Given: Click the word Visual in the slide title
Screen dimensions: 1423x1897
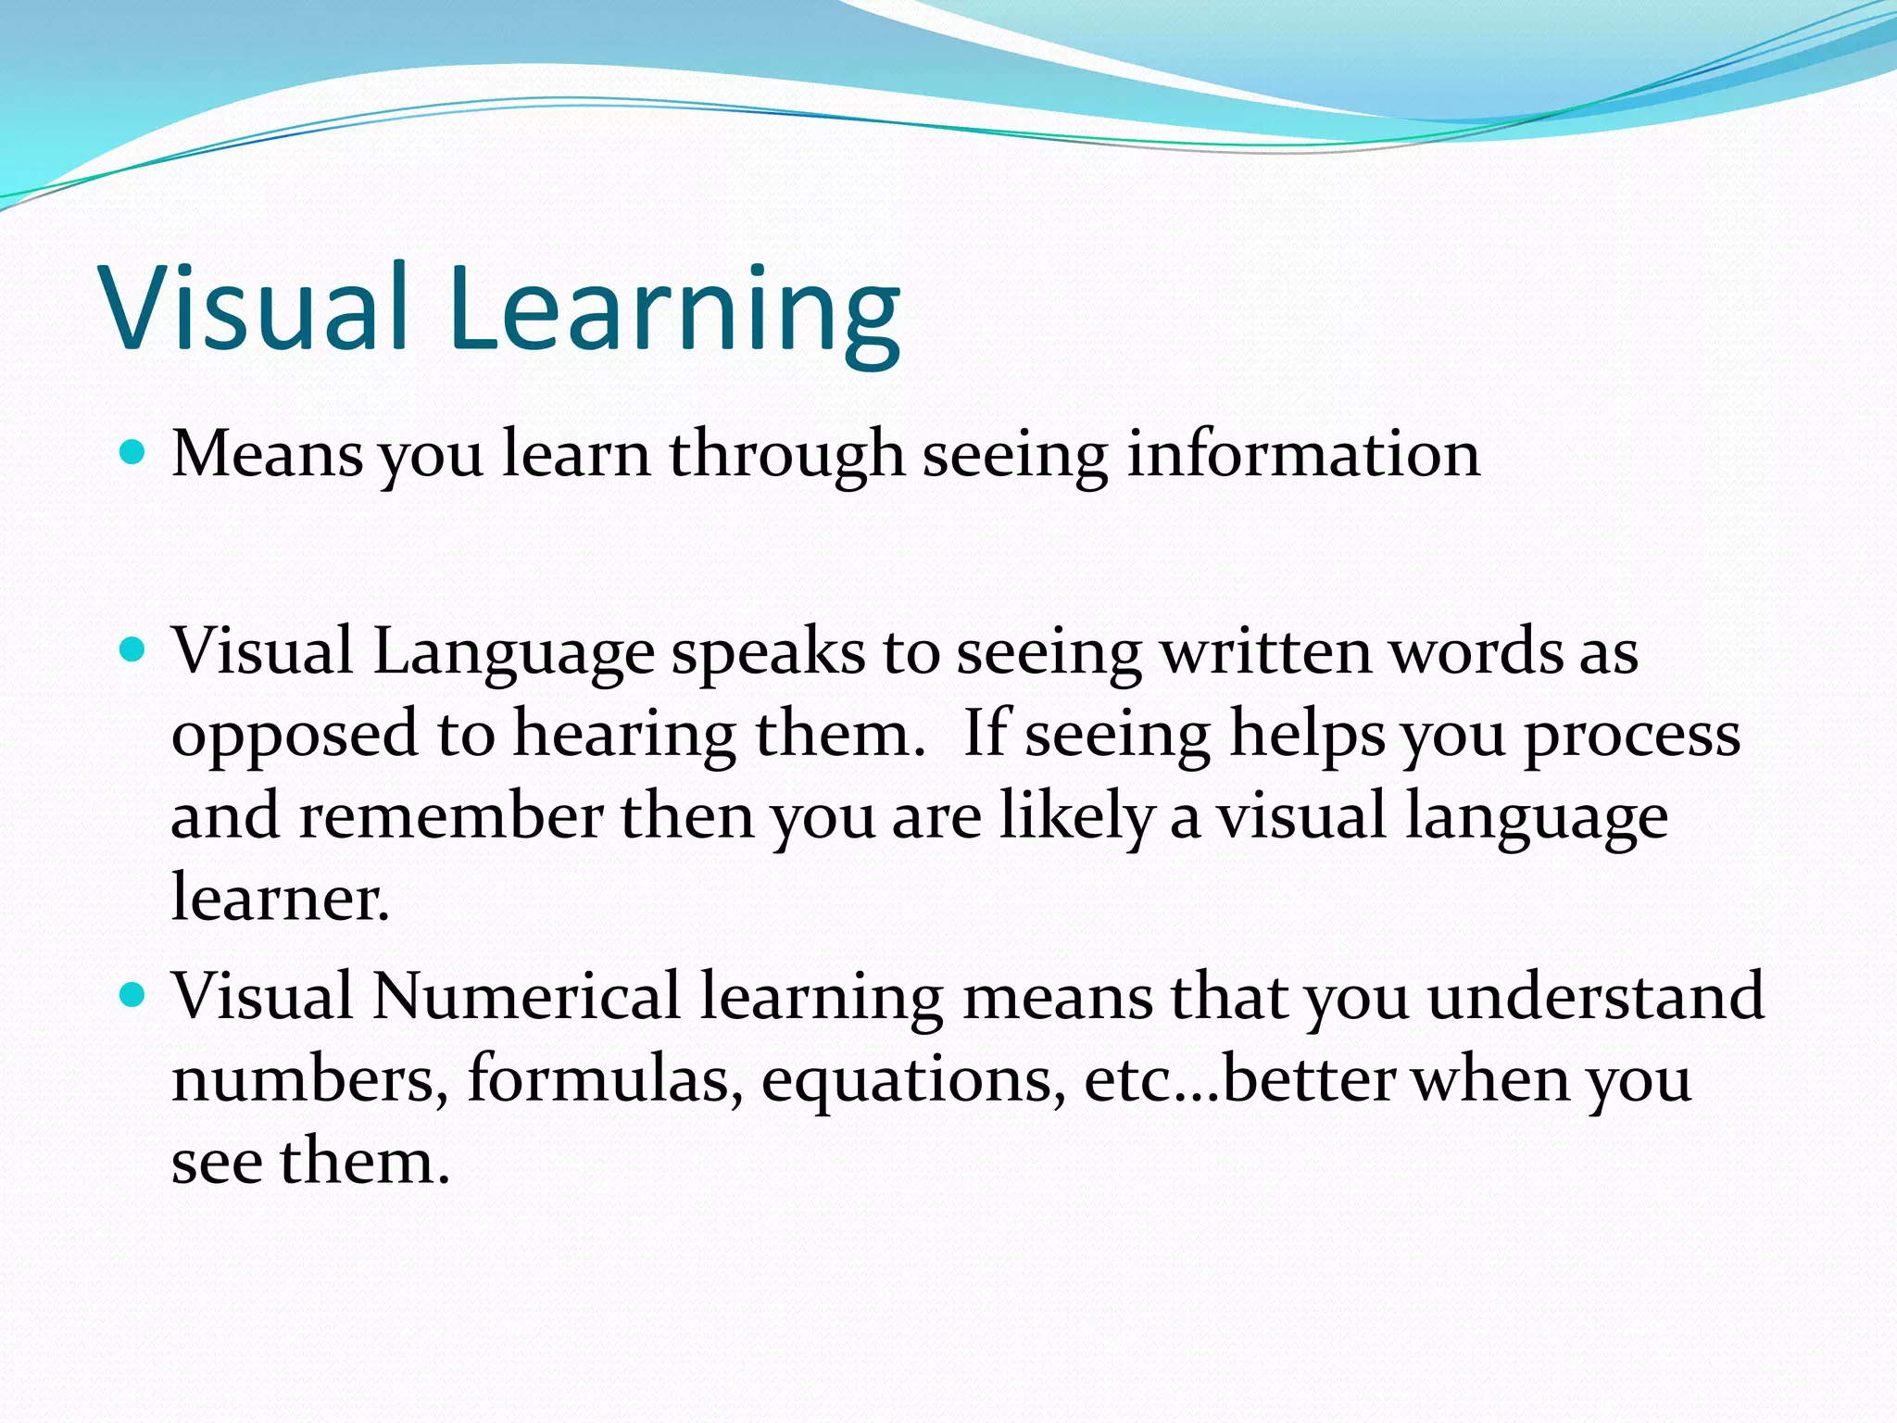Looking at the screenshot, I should pos(255,308).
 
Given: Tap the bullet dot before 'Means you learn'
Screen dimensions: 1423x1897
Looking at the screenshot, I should pos(134,452).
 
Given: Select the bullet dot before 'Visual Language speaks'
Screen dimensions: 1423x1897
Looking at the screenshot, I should pos(134,650).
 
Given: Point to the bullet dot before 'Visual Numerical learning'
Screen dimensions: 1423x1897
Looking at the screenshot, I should pos(134,996).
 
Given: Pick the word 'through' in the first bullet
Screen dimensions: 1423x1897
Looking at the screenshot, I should pos(786,456).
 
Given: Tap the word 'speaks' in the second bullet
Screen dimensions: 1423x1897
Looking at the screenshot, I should pos(768,653).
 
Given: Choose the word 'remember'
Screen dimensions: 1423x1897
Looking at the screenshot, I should pos(451,816).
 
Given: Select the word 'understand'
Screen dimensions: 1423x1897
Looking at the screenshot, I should pos(1595,996).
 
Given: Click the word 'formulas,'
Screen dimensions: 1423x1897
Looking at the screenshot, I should pos(605,1079).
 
